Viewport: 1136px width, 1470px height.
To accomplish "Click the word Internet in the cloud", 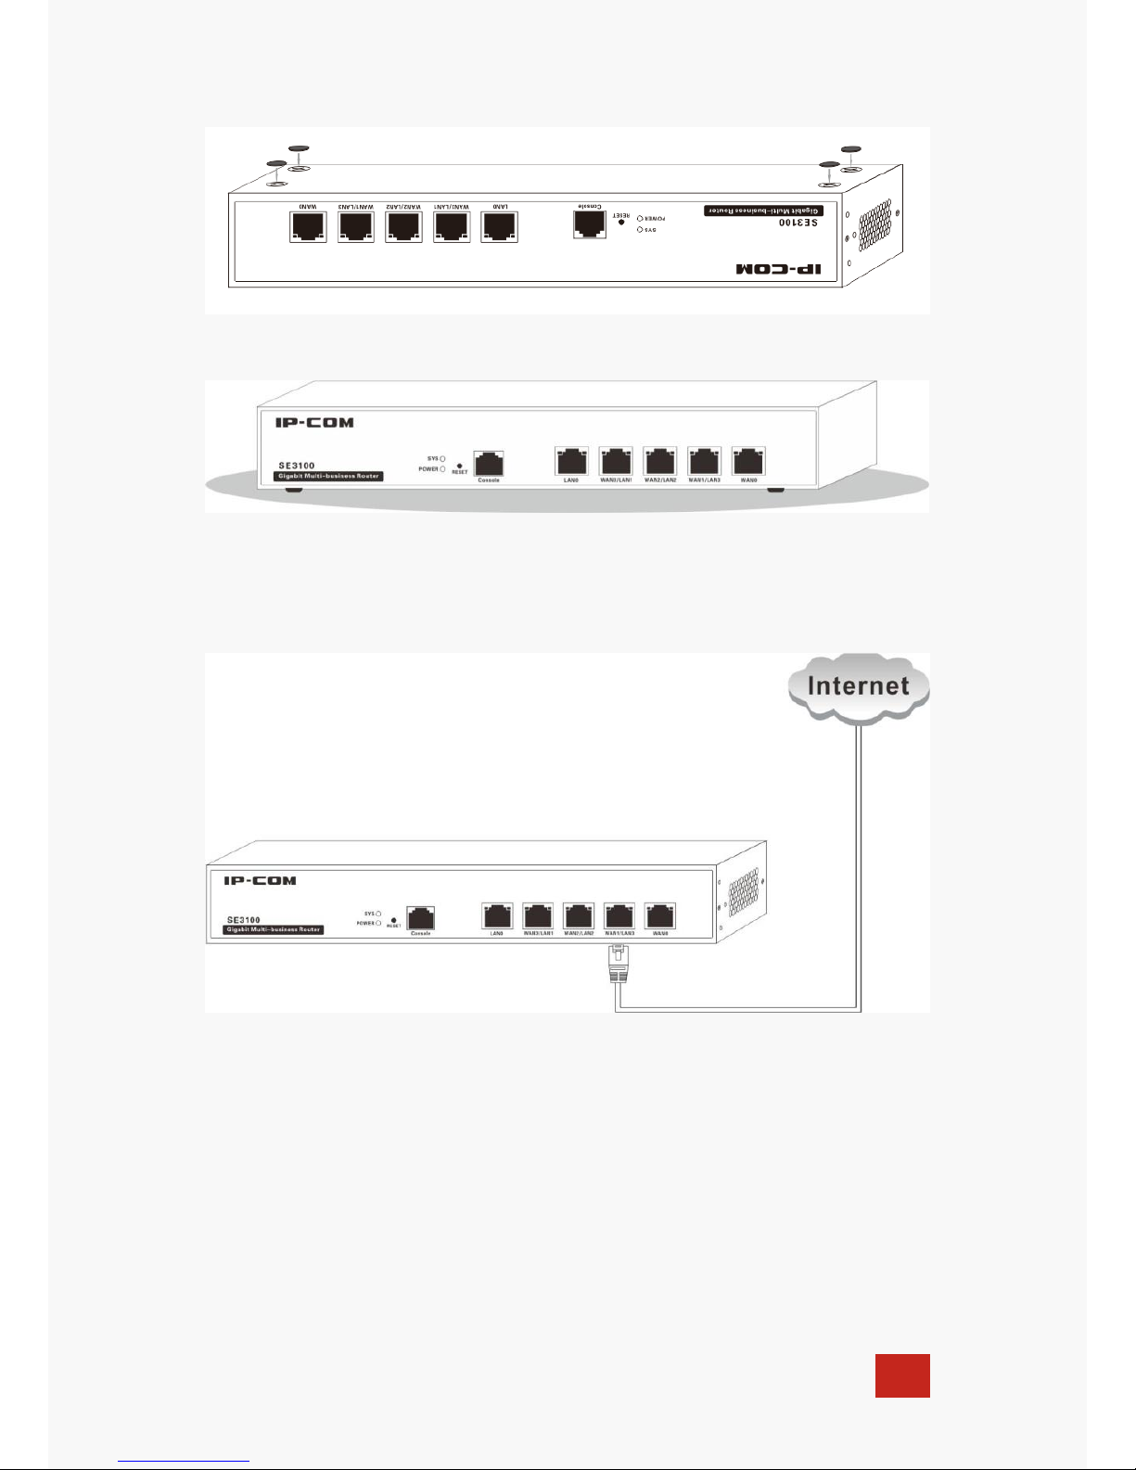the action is click(858, 686).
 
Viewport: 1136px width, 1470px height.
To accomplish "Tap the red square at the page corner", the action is click(902, 1375).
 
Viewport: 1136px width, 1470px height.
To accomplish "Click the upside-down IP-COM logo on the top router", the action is click(785, 269).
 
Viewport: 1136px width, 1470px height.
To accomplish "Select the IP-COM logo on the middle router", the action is click(314, 423).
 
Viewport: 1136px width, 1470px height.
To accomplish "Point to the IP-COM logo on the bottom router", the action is click(260, 880).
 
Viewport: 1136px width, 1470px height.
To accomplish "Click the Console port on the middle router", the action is click(488, 462).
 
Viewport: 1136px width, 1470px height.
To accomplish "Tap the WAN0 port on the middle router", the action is click(748, 460).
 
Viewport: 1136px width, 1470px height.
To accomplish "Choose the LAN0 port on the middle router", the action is click(570, 460).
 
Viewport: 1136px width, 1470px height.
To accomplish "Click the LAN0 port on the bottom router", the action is click(497, 916).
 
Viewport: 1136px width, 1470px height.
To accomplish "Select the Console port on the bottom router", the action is click(421, 917).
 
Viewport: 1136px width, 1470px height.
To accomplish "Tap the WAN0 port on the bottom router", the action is click(660, 916).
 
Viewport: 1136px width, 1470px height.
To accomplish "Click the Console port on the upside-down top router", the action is click(590, 224).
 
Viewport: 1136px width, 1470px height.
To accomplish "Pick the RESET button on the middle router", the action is click(460, 466).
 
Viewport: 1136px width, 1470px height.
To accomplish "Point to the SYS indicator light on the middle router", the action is click(442, 458).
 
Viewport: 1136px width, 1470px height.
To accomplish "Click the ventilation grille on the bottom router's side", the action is click(744, 892).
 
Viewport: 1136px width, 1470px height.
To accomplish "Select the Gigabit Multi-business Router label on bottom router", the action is click(274, 929).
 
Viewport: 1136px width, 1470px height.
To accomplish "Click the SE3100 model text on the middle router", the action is click(297, 466).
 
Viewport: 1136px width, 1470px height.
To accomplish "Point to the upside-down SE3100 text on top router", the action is click(798, 224).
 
